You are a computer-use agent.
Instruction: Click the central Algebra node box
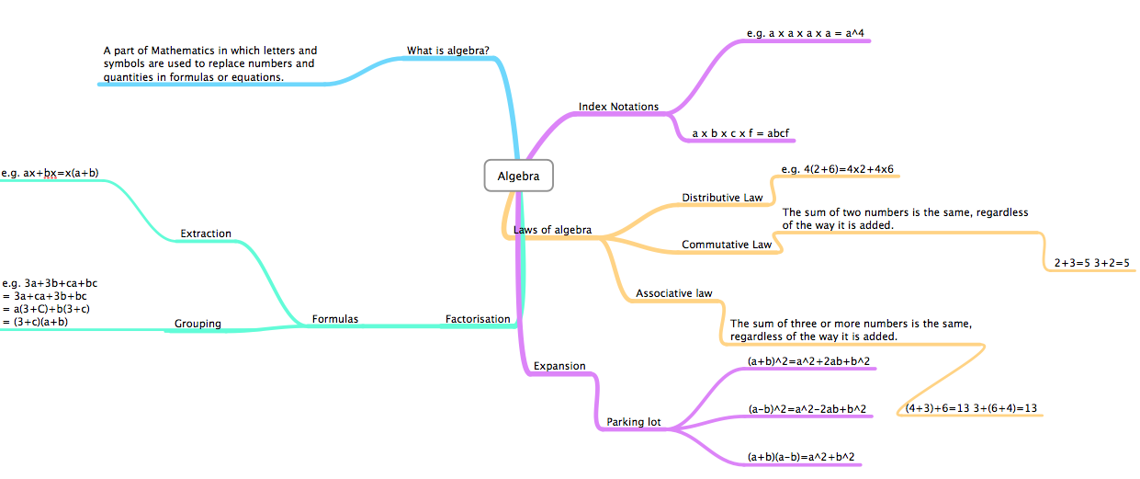(518, 176)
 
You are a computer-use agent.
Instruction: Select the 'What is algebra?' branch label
(447, 50)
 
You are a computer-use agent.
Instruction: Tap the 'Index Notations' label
(618, 107)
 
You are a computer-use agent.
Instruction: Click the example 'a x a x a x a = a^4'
(805, 33)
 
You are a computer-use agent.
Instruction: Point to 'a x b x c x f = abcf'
(739, 133)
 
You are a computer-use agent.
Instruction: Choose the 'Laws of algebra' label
(552, 230)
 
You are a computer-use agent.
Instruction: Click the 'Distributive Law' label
(722, 198)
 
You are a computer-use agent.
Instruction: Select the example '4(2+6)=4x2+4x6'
(837, 169)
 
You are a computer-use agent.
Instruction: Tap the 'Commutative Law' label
(726, 245)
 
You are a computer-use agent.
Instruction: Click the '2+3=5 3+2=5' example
(1091, 263)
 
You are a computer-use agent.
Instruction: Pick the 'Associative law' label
(673, 294)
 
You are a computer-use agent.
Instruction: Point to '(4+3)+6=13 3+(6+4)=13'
(971, 408)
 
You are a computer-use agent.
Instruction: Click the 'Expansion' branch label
(559, 366)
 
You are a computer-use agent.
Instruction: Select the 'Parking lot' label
(633, 422)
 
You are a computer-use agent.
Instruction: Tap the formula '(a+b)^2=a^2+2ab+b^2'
(808, 361)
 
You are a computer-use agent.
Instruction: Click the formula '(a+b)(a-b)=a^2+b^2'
(807, 456)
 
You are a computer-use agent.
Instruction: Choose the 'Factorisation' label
(478, 319)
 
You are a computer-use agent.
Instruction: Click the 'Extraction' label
(206, 234)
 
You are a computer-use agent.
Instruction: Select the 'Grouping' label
(198, 324)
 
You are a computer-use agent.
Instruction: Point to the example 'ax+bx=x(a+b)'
(51, 172)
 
